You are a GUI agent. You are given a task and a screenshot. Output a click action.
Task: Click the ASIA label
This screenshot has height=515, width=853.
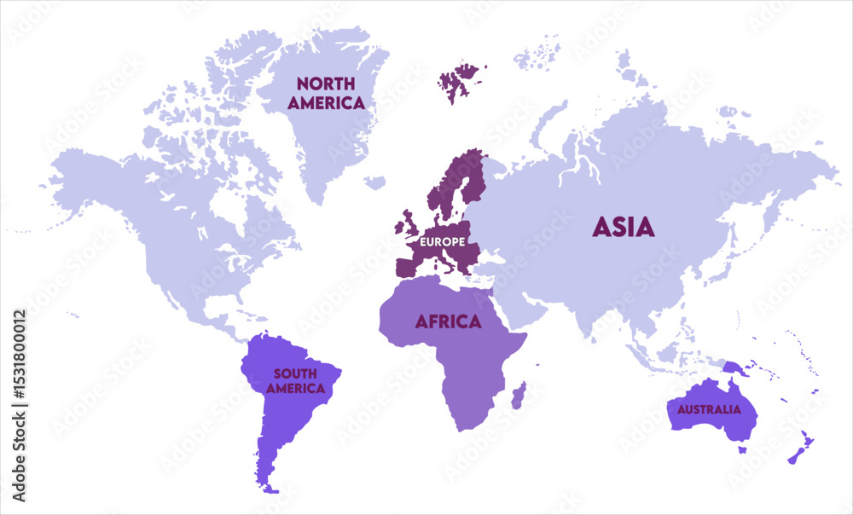click(624, 227)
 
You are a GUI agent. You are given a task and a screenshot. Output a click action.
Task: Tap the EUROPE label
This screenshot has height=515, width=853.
click(441, 241)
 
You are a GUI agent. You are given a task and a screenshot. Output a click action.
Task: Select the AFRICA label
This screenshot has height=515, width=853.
click(448, 321)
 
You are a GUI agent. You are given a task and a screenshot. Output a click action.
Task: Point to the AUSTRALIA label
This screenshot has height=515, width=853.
click(709, 409)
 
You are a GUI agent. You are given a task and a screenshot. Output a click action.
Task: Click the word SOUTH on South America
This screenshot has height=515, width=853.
click(294, 373)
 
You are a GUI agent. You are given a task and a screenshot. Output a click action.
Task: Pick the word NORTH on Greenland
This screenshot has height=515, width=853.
click(326, 84)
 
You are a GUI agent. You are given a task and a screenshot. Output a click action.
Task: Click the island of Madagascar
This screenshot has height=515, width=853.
click(518, 395)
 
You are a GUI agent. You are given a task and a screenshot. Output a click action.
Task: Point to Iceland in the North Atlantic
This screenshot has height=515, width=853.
click(374, 182)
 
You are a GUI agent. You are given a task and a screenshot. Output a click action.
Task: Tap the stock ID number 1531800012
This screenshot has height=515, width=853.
click(20, 405)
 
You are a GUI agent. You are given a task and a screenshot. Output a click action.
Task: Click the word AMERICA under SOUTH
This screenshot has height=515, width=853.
click(295, 389)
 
